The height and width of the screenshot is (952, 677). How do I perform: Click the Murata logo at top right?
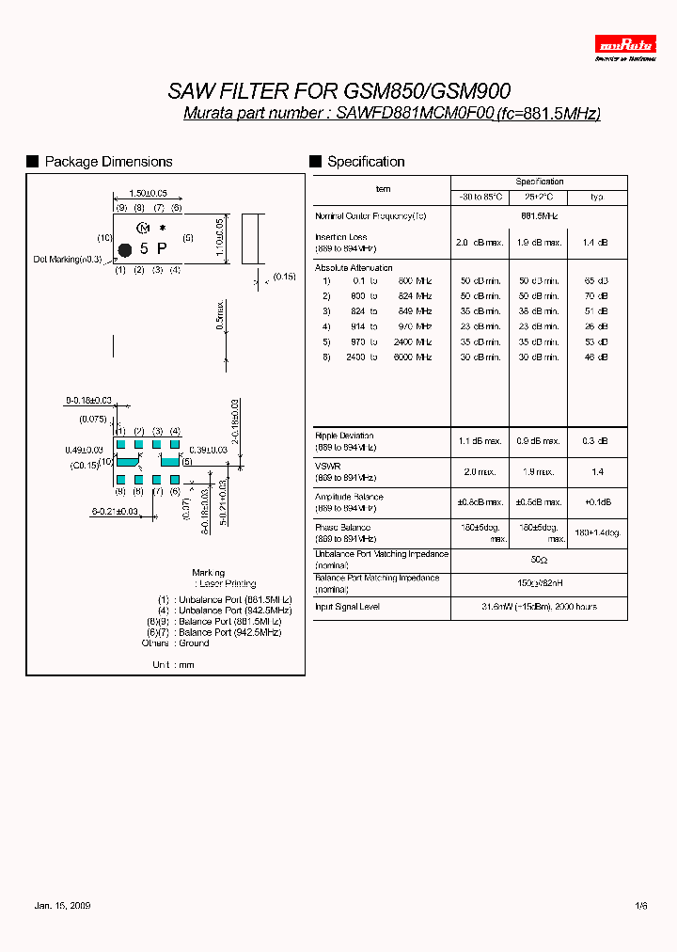(x=625, y=44)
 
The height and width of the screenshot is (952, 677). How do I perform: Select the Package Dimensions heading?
(x=108, y=162)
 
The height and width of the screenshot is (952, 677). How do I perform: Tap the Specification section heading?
(x=366, y=162)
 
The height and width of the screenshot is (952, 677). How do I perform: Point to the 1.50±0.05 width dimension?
(x=148, y=193)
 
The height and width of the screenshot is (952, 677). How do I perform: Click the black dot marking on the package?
(x=123, y=249)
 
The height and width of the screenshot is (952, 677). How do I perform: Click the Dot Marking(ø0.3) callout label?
(x=68, y=259)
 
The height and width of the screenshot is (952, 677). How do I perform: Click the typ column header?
(x=596, y=197)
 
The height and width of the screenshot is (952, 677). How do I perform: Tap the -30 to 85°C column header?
(x=480, y=197)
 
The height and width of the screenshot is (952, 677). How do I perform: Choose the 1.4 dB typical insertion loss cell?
(x=596, y=243)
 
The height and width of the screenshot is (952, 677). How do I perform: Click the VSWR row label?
(x=328, y=466)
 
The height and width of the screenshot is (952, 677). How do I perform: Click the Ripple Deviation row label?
(x=344, y=436)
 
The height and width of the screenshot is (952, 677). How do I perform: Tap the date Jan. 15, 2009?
(x=62, y=905)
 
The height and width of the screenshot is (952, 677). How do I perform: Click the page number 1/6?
(x=641, y=905)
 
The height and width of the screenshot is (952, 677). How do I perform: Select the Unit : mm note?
(x=172, y=664)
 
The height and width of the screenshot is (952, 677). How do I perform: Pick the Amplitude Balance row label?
(x=349, y=497)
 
